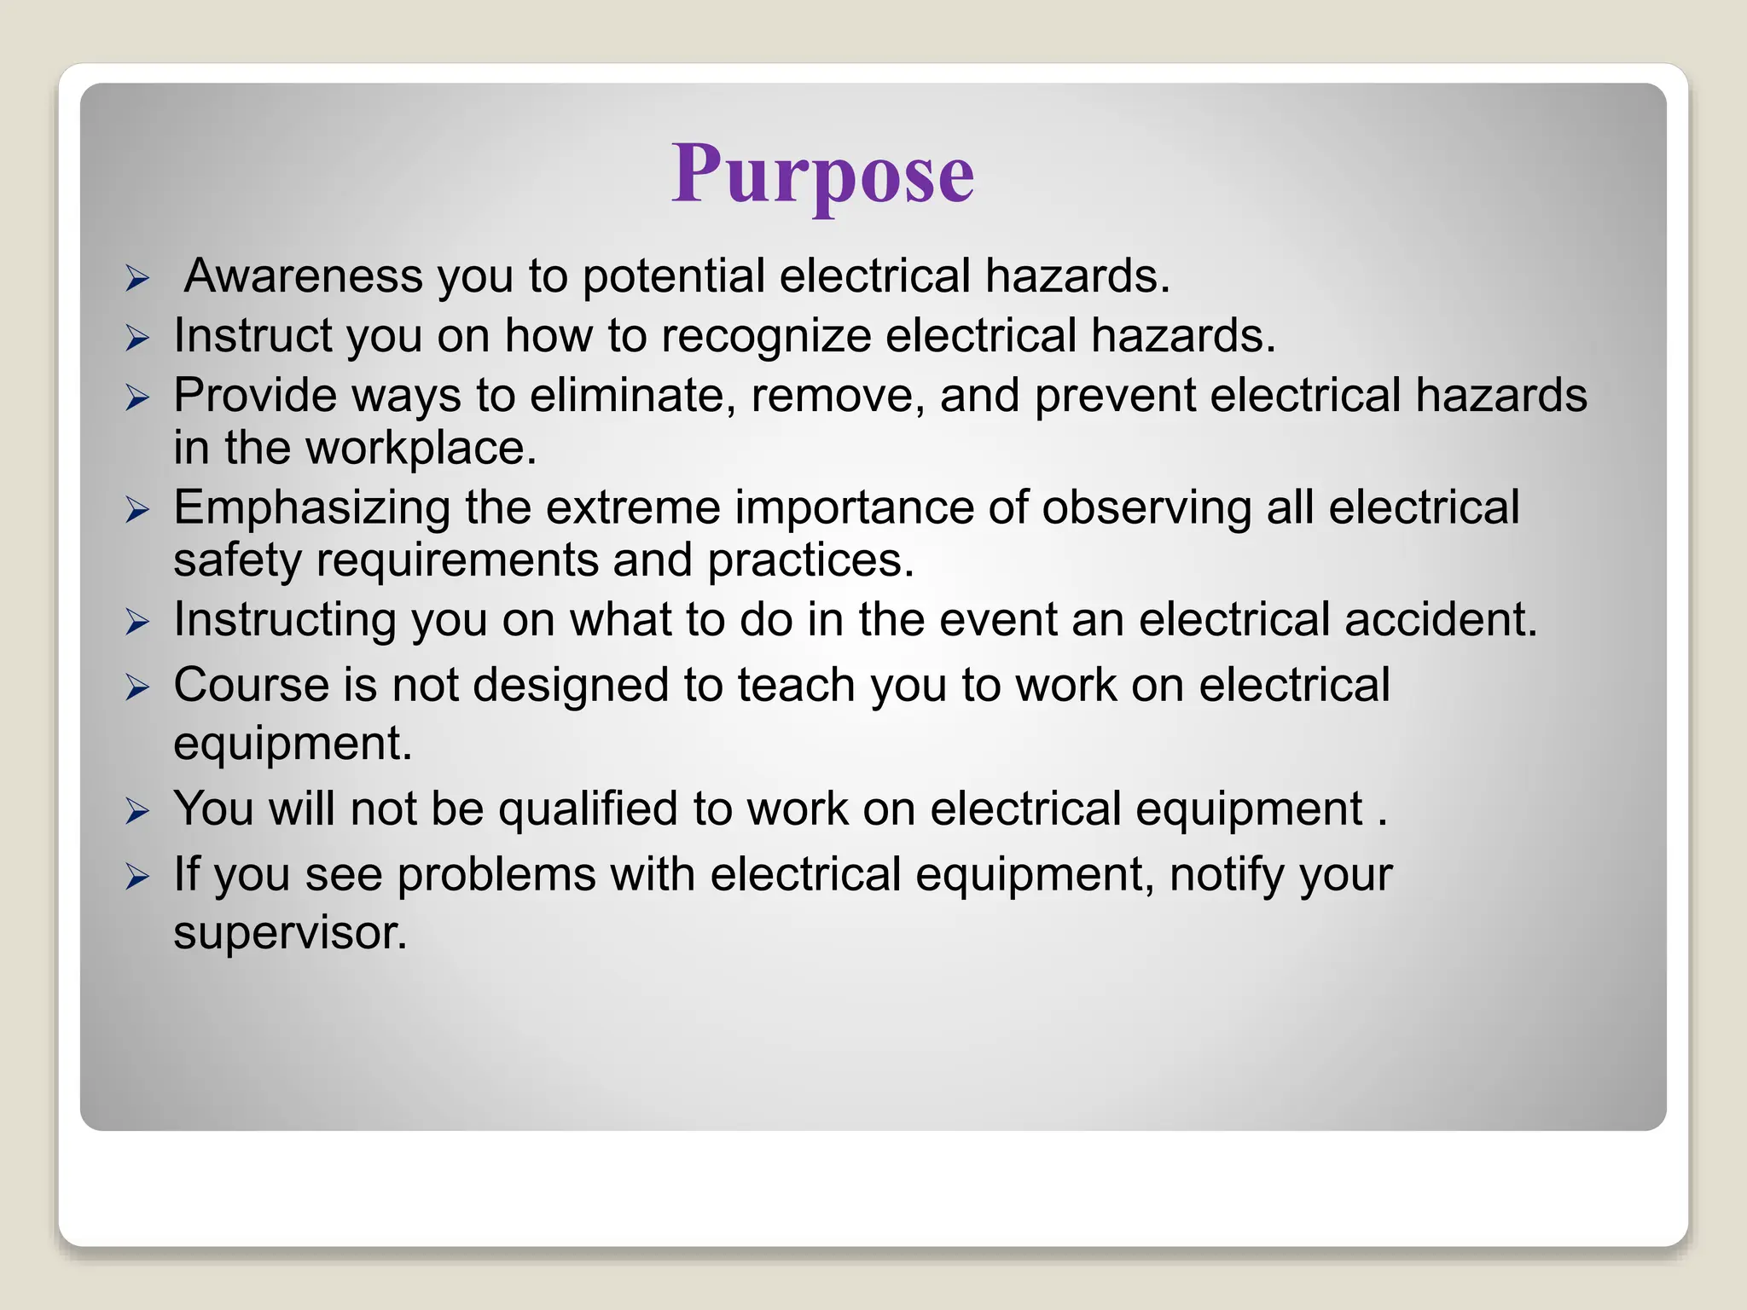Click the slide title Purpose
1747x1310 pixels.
(x=822, y=174)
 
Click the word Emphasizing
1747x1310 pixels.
(x=312, y=508)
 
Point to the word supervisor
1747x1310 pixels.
(x=290, y=932)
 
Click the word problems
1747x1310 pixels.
(x=496, y=876)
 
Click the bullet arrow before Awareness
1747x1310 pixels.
(x=137, y=279)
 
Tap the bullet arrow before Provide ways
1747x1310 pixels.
(x=137, y=397)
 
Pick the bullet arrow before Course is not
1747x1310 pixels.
(x=137, y=687)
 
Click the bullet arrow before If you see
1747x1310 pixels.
(x=137, y=877)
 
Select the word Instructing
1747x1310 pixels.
(x=285, y=620)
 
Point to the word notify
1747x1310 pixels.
(x=1220, y=876)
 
